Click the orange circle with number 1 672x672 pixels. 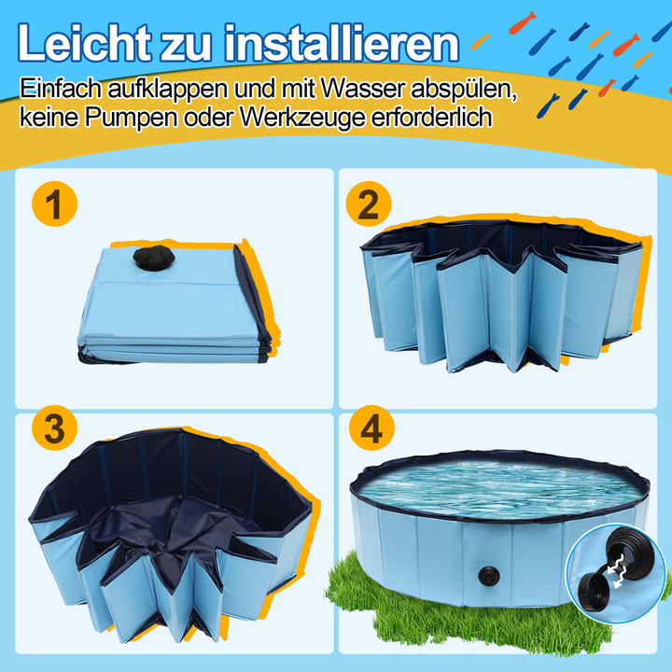point(55,204)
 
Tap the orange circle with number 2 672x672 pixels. point(369,204)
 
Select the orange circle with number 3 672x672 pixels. point(55,430)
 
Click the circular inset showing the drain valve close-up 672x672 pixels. point(617,570)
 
